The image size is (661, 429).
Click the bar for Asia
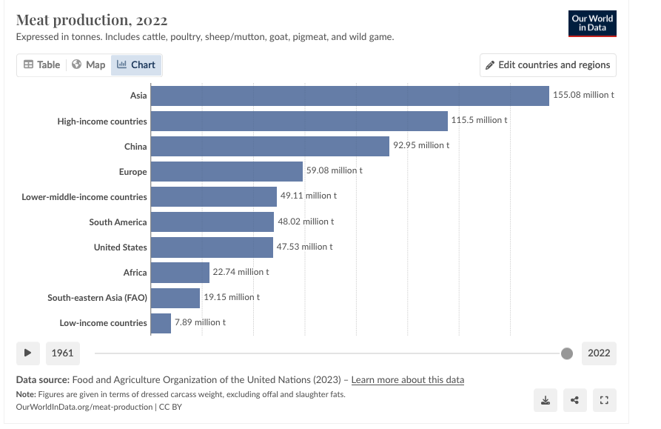pyautogui.click(x=349, y=96)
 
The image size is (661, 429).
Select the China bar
pyautogui.click(x=269, y=147)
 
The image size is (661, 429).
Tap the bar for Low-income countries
pyautogui.click(x=161, y=323)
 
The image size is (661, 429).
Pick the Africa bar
pyautogui.click(x=180, y=273)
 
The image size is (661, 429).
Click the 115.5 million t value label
pyautogui.click(x=480, y=120)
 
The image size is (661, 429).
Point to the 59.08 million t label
pyautogui.click(x=335, y=170)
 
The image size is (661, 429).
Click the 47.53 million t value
pyautogui.click(x=304, y=247)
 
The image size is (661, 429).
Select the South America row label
pyautogui.click(x=118, y=222)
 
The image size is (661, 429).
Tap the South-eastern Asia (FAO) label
pyautogui.click(x=97, y=298)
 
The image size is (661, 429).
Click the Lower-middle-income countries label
pyautogui.click(x=84, y=197)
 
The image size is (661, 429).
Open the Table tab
pyautogui.click(x=41, y=65)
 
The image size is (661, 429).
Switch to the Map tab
pyautogui.click(x=89, y=65)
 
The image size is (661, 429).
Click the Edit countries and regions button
pyautogui.click(x=548, y=65)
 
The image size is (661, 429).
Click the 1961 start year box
pyautogui.click(x=62, y=353)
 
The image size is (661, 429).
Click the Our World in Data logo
pyautogui.click(x=593, y=24)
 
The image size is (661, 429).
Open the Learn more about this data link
pyautogui.click(x=408, y=380)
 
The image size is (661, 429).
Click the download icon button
pyautogui.click(x=546, y=400)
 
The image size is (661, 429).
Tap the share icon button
pyautogui.click(x=575, y=400)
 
